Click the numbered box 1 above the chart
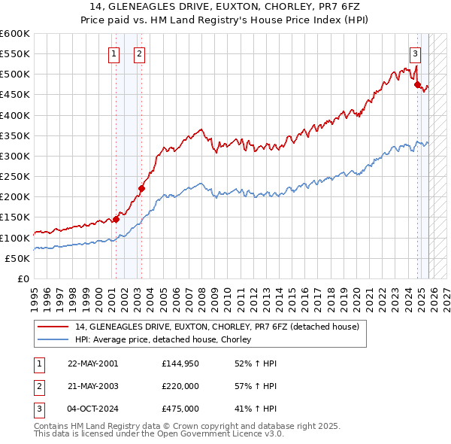pos(114,53)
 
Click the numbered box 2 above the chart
pos(140,53)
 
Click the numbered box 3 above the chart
pos(415,53)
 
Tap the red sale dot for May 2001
pos(116,220)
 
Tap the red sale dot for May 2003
pos(141,189)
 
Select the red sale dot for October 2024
pos(418,85)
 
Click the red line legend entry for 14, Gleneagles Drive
pos(217,327)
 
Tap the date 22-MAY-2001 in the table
pos(92,363)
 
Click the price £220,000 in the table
pos(180,386)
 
